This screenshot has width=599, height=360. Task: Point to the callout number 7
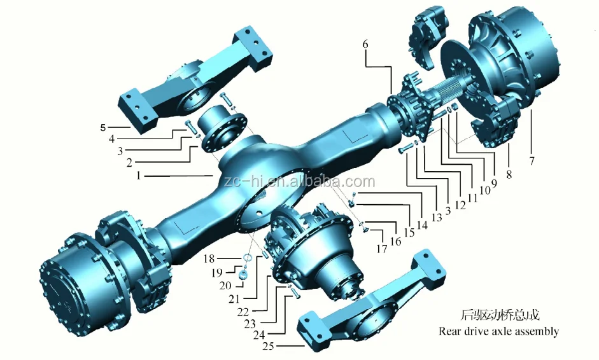point(532,162)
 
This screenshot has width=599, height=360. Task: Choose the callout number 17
point(381,249)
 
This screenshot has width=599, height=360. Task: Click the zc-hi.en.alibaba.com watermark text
point(299,182)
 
